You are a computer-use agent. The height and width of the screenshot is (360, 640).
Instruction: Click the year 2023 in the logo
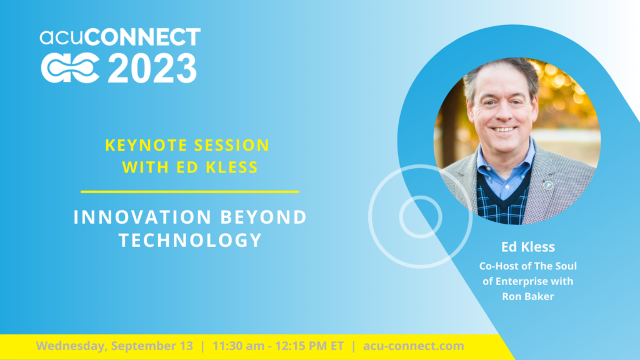pos(152,69)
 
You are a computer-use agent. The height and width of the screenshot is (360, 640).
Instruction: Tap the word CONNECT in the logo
pos(142,37)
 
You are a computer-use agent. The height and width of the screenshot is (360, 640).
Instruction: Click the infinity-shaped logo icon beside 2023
pos(70,69)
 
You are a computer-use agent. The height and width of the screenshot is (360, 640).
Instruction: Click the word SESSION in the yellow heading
pos(231,145)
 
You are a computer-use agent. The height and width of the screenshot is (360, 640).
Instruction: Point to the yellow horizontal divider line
pos(190,191)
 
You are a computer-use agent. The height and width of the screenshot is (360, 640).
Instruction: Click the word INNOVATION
pos(142,217)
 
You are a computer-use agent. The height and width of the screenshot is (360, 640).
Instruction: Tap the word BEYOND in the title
pos(263,217)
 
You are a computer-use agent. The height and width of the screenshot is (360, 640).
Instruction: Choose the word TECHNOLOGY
pos(190,240)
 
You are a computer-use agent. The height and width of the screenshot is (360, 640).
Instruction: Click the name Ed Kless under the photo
pos(528,247)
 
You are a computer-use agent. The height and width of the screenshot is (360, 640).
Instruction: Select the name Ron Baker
pos(528,296)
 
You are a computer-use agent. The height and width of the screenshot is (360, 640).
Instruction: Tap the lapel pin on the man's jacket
pos(548,185)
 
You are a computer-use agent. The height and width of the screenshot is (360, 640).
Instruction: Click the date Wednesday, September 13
pos(114,346)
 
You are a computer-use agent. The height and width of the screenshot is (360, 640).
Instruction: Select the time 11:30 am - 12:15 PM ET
pos(278,346)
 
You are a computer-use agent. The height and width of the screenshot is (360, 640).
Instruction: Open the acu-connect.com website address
pos(414,346)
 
